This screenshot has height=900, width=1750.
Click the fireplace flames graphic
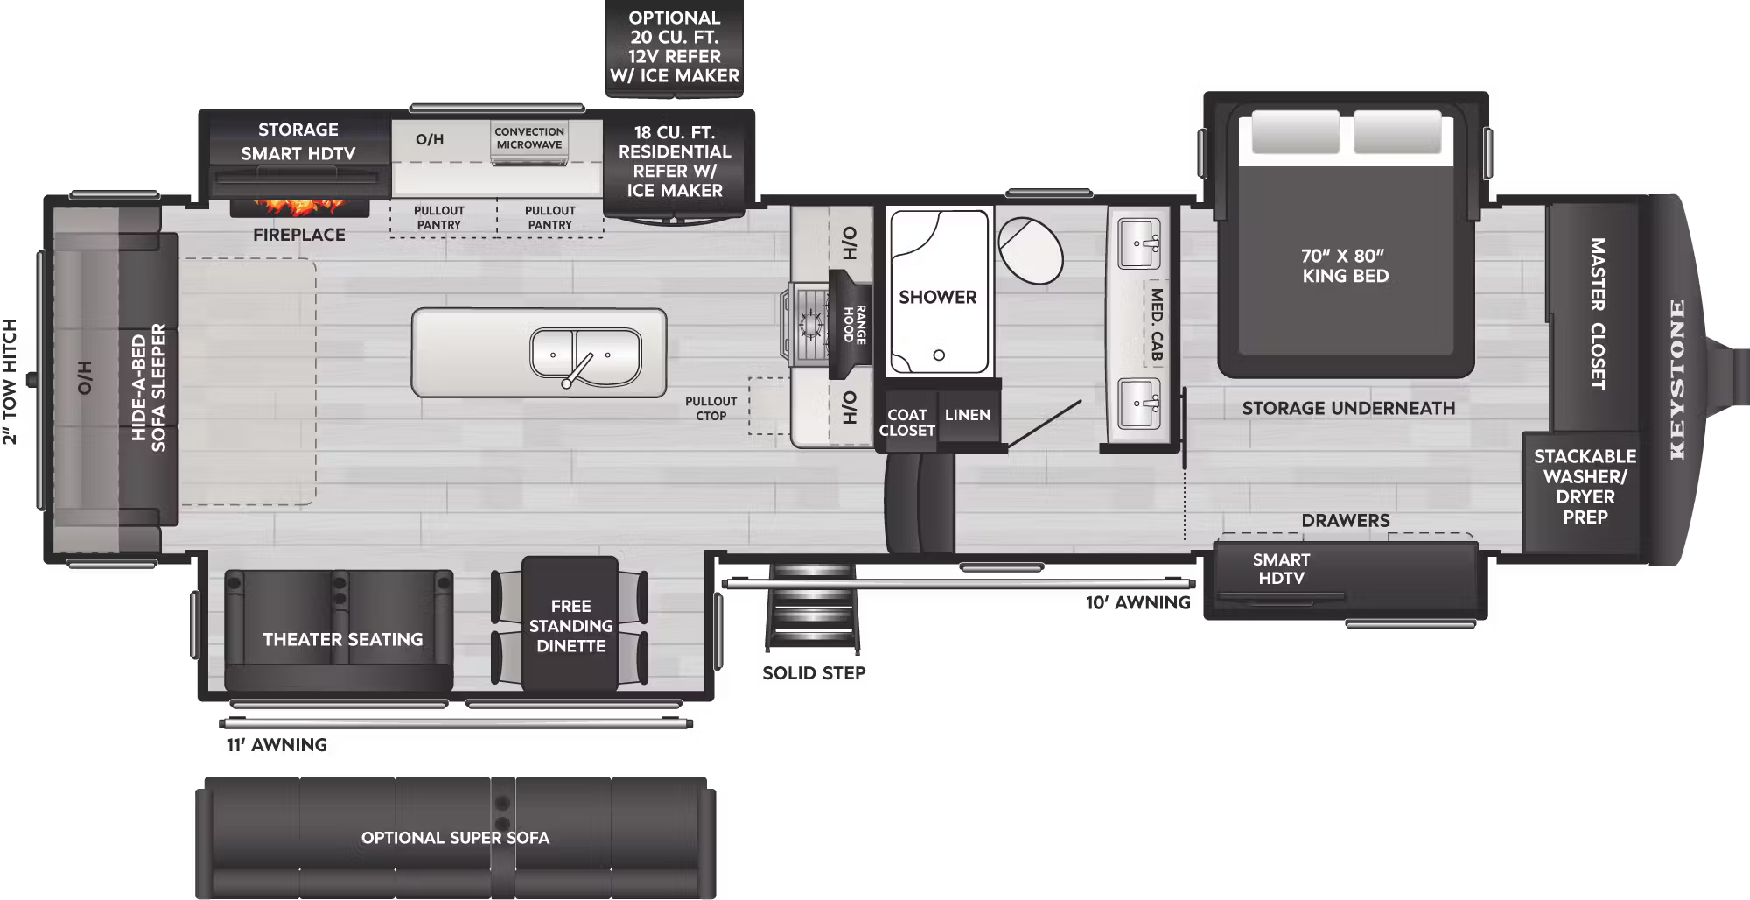tap(298, 207)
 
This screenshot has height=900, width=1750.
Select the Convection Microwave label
tap(528, 138)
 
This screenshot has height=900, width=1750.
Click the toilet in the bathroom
tap(1030, 250)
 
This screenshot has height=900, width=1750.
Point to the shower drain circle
tap(939, 355)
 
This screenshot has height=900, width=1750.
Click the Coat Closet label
tap(906, 423)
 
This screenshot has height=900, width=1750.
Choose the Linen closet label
tap(967, 415)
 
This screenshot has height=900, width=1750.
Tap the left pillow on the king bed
tap(1295, 132)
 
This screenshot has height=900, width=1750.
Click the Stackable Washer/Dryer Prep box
tap(1584, 487)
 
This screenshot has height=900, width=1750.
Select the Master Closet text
tap(1597, 313)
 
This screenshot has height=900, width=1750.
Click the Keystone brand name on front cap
tap(1676, 379)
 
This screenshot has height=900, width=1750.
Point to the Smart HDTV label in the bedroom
tap(1281, 569)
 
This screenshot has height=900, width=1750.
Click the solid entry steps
tap(812, 608)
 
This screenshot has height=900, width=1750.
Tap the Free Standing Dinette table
tap(570, 626)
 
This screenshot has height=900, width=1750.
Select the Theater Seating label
tap(342, 640)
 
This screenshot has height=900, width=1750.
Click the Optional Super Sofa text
tap(455, 838)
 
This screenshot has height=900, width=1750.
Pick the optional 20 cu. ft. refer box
tap(674, 47)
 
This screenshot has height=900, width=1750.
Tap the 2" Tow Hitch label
tap(10, 382)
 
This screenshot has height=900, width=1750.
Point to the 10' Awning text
tap(1137, 603)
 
